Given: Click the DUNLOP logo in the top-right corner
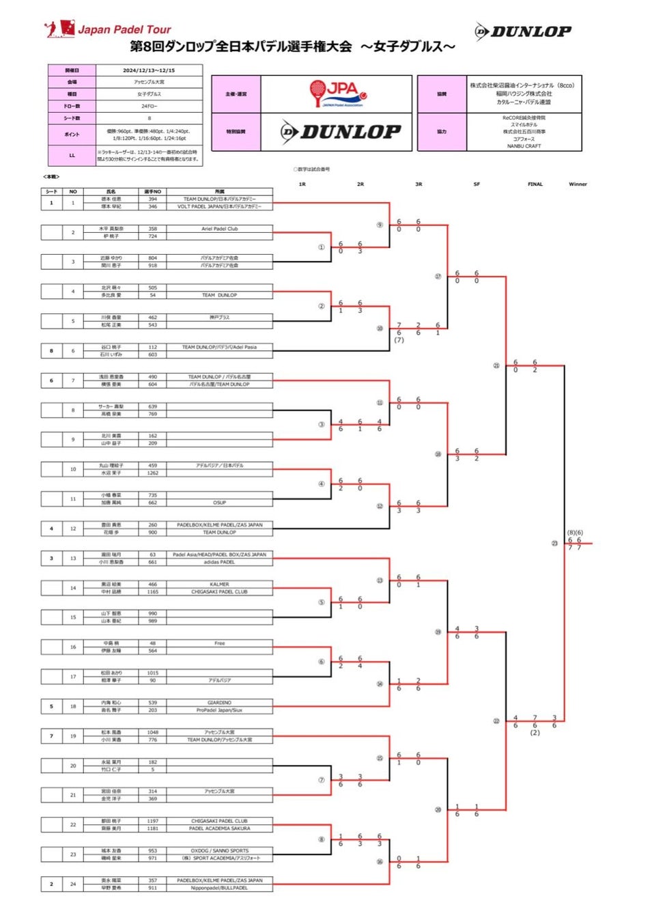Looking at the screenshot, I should (524, 31).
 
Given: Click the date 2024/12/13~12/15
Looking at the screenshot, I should (149, 70).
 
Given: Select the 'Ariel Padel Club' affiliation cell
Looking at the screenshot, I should (219, 229).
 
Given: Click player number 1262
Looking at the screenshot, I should (152, 473).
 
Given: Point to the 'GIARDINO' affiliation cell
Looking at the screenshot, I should (219, 702).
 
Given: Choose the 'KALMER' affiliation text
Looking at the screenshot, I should (219, 584).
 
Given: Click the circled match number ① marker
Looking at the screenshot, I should (321, 247).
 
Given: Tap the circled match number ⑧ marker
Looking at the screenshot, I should (321, 839).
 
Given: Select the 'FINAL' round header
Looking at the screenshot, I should (535, 184).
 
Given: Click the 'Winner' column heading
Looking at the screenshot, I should (578, 184).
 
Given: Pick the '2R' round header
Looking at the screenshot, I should (360, 184).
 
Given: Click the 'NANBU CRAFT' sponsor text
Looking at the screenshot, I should (524, 146).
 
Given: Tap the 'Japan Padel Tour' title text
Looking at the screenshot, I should (124, 29).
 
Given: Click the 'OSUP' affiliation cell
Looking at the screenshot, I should (219, 503).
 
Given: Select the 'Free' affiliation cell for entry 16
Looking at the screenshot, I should (219, 643).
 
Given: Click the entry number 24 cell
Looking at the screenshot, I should (73, 884).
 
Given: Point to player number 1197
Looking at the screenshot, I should (152, 821).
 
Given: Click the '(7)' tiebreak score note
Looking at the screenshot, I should (399, 340).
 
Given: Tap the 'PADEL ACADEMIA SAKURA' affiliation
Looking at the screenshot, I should (219, 828).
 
